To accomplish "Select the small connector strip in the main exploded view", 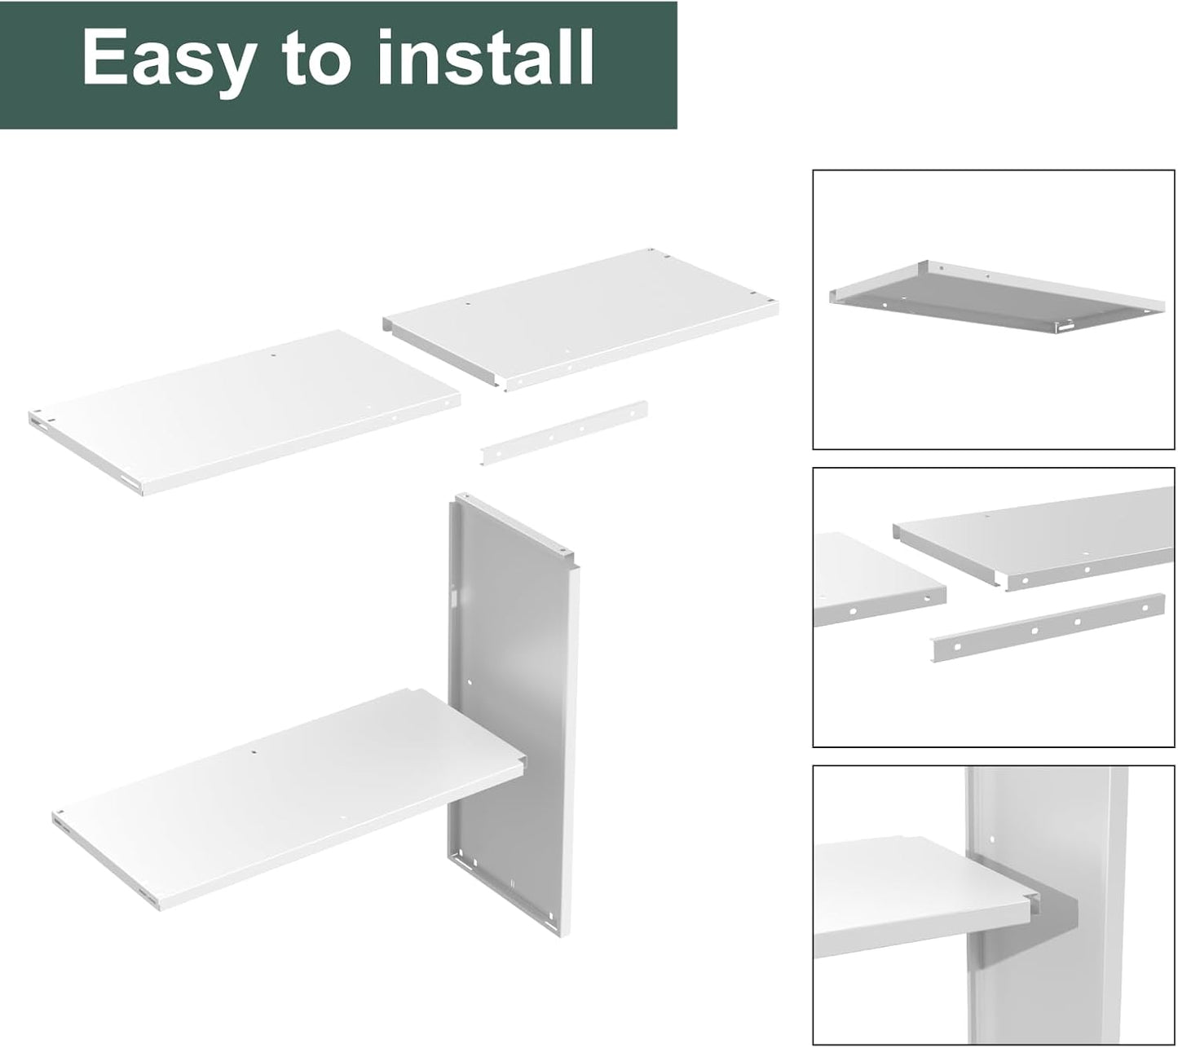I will coord(564,433).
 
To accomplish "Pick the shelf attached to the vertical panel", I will coord(285,799).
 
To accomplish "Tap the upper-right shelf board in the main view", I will coord(579,318).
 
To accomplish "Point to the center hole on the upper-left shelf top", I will coord(273,356).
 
